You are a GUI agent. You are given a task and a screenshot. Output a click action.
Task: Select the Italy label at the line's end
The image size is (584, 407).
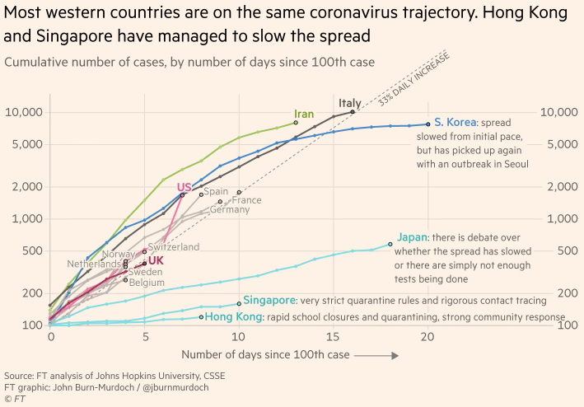point(349,103)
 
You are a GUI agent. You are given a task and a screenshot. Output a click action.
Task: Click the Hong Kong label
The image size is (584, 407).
point(233,317)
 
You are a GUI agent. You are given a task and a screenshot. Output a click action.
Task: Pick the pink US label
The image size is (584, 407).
point(184,187)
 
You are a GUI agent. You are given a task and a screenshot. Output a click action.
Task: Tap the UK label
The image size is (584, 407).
point(156,260)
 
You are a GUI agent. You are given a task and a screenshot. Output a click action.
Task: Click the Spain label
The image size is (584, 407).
point(216,191)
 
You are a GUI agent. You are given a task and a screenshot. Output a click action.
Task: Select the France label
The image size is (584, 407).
point(247,200)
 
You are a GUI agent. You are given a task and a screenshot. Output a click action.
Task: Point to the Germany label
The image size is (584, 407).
point(229,209)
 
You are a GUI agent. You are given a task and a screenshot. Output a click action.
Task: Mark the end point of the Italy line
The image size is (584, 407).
point(353,112)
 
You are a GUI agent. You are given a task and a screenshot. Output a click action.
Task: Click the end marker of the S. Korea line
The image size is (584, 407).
point(428,124)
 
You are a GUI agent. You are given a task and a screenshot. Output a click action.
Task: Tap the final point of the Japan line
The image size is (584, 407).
point(390,243)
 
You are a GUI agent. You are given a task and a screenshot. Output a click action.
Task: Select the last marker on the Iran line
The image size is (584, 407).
point(295,123)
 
